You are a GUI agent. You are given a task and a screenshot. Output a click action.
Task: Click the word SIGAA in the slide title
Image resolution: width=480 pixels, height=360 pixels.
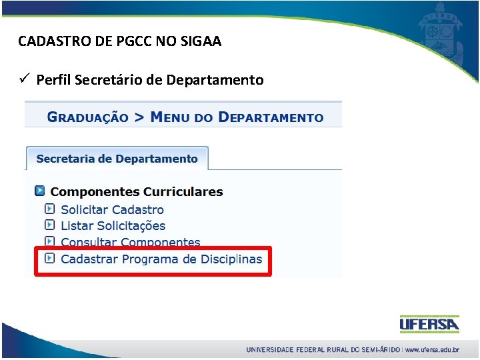202,41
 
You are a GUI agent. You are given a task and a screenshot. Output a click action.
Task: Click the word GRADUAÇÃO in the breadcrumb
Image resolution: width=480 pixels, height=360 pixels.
87,117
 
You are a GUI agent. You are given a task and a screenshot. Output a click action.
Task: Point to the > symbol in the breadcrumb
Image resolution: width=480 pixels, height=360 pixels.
139,117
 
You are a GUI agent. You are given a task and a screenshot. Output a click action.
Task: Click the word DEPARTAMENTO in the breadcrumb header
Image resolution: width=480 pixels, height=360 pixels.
271,117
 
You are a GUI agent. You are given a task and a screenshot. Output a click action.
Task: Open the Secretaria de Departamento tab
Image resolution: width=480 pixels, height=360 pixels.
117,159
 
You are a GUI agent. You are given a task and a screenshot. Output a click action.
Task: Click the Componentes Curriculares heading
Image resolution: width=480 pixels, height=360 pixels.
137,192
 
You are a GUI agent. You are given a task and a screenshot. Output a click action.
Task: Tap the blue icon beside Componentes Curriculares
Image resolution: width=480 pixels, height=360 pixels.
39,191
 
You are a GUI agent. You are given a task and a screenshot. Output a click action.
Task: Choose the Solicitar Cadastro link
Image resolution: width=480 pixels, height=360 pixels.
112,209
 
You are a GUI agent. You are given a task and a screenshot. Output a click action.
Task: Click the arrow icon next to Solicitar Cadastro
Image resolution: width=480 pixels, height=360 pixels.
49,209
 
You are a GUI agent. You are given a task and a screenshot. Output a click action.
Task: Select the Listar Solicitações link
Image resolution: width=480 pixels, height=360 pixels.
113,226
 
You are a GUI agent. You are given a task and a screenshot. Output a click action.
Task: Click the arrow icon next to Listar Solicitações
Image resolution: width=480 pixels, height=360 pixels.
49,225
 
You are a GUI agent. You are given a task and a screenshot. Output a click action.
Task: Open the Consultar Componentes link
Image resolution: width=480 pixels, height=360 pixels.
130,243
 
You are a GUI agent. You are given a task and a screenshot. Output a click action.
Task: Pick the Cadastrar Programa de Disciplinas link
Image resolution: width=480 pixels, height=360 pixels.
161,259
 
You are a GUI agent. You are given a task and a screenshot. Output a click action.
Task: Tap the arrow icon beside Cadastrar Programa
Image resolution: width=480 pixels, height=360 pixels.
49,259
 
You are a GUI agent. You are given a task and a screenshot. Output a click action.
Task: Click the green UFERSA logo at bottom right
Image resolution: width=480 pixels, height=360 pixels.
429,324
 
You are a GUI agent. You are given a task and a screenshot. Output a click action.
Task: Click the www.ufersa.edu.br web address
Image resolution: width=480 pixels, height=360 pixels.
432,349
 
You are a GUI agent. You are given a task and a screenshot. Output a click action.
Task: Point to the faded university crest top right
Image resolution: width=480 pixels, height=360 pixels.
439,33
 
